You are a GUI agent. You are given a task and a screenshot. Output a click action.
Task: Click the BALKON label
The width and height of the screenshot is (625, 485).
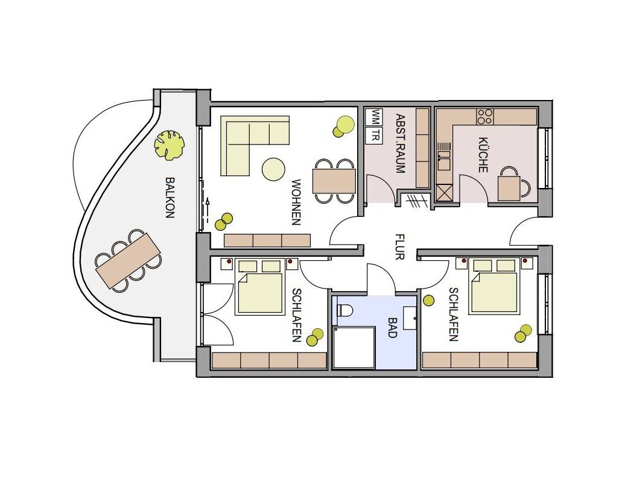pyautogui.click(x=170, y=198)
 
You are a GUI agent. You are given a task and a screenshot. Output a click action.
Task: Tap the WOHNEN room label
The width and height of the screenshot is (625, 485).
pyautogui.click(x=296, y=202)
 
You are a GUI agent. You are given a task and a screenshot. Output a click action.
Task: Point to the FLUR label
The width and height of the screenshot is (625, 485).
pyautogui.click(x=399, y=247)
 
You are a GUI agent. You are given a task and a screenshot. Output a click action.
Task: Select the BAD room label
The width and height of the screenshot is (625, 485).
pyautogui.click(x=393, y=327)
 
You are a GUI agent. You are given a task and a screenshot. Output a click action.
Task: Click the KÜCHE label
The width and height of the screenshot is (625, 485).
pyautogui.click(x=483, y=155)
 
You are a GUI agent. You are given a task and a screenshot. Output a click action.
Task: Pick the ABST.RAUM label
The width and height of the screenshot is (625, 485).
pyautogui.click(x=400, y=143)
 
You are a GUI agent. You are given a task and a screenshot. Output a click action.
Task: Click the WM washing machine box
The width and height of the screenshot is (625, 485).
pyautogui.click(x=375, y=117)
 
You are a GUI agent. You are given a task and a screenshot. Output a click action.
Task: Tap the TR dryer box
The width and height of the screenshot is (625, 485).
pyautogui.click(x=375, y=136)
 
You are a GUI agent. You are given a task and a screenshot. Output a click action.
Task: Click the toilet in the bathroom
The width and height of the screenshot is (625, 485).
pyautogui.click(x=344, y=310)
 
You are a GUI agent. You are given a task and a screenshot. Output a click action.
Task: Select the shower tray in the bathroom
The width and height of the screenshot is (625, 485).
pyautogui.click(x=354, y=347)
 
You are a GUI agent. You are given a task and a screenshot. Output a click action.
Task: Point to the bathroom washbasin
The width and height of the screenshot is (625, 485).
pyautogui.click(x=410, y=318)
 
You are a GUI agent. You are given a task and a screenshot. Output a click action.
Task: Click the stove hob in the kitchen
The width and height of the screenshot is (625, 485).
pyautogui.click(x=485, y=116)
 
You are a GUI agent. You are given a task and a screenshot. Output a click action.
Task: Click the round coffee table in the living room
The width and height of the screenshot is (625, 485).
pyautogui.click(x=273, y=169)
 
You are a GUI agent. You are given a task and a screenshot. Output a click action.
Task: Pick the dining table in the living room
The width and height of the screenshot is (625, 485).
pyautogui.click(x=334, y=181)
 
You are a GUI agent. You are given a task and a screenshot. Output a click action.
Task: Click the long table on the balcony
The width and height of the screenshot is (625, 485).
pyautogui.click(x=128, y=261)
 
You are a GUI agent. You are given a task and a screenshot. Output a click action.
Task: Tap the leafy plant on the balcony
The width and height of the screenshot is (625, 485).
pyautogui.click(x=170, y=145)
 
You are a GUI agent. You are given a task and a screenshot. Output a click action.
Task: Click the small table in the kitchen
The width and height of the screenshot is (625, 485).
pyautogui.click(x=509, y=188)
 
